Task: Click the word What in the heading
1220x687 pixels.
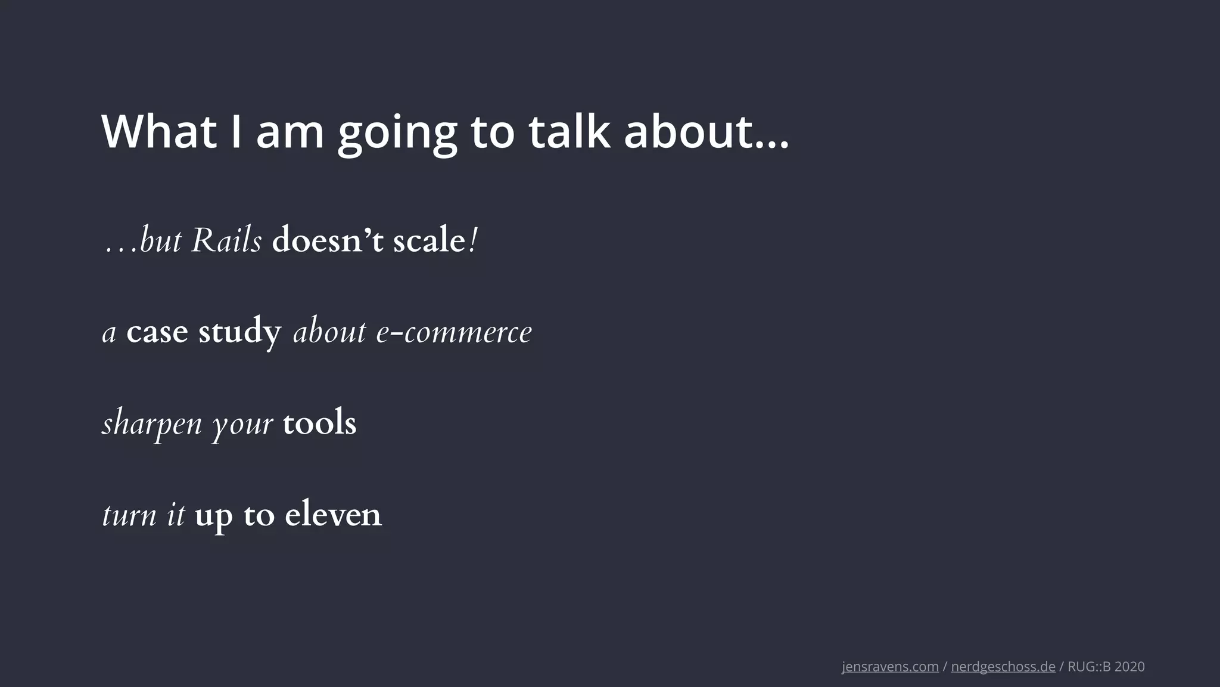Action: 159,132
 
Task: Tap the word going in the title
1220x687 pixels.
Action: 397,134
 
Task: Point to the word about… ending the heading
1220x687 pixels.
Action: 706,132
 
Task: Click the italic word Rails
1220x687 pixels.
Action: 226,241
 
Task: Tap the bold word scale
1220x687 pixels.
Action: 429,241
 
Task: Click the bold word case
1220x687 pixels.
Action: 157,332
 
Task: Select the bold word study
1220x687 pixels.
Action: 239,332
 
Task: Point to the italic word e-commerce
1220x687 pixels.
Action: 454,332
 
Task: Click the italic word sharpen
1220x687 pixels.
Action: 152,424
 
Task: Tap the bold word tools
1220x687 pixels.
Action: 319,423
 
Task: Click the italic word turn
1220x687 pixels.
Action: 129,515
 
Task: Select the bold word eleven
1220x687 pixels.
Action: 333,515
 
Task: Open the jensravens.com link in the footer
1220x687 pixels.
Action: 890,667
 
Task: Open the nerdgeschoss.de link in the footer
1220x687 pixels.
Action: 1003,667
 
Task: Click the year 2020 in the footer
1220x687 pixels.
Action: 1129,667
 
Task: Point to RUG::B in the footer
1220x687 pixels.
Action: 1089,667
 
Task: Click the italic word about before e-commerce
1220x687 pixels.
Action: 329,332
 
